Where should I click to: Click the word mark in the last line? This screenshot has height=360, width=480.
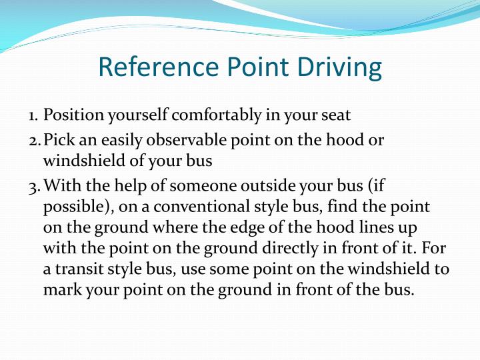click(x=59, y=290)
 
